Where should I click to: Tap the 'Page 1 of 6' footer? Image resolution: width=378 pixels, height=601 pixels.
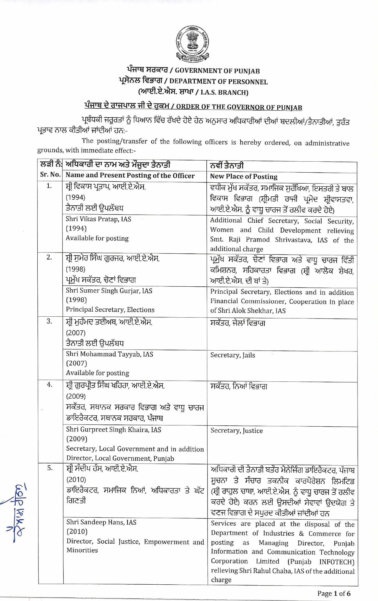tap(334, 593)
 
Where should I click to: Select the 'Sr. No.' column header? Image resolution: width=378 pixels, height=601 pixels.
tap(50, 175)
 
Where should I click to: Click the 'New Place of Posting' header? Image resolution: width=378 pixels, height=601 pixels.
tap(243, 176)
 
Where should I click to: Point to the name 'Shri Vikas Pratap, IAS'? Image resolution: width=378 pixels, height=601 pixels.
tap(98, 219)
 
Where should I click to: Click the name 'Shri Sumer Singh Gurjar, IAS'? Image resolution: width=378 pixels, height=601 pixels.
tap(109, 291)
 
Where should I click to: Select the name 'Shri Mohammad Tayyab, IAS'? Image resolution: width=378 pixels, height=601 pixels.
tap(109, 354)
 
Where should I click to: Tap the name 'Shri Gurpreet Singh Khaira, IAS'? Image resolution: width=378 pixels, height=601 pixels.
tap(114, 430)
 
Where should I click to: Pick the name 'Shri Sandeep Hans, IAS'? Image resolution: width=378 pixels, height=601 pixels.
tap(101, 522)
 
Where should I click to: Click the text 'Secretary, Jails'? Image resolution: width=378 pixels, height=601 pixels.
tap(232, 355)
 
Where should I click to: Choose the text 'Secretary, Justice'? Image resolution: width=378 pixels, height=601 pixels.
tap(237, 431)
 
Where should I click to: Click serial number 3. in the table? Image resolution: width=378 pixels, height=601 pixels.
tap(49, 321)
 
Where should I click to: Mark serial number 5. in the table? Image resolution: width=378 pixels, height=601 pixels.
tap(50, 468)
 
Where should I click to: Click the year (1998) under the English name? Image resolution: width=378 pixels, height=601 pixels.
tap(76, 300)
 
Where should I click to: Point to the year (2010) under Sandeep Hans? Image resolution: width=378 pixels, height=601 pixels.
tap(77, 531)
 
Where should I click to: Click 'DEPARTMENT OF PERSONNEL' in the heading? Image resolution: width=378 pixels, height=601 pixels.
tap(218, 82)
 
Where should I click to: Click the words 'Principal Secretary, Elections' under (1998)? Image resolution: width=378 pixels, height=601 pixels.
tap(110, 310)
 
